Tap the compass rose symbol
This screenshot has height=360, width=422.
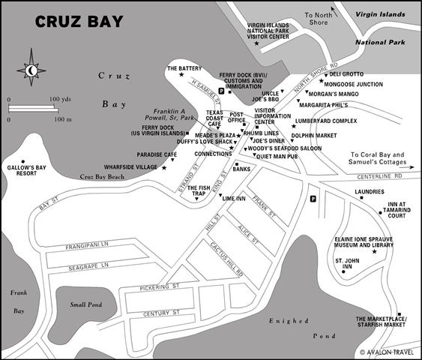click(x=31, y=70)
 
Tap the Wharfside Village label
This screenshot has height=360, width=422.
click(x=131, y=167)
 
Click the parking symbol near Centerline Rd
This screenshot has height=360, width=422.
click(x=312, y=199)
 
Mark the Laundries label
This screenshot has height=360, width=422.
click(x=370, y=191)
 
